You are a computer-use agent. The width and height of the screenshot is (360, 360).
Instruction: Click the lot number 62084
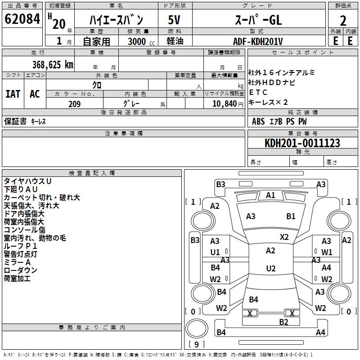pos(22,19)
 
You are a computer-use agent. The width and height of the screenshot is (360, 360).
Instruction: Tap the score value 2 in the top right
pos(343,20)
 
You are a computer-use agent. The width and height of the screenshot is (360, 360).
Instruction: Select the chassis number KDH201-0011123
pos(302,143)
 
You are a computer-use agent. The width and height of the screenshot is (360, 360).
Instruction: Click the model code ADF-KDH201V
pos(258,41)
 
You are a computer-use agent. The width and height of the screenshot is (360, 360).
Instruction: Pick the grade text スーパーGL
pos(258,20)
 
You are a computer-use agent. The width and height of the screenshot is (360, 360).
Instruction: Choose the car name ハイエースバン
pos(116,20)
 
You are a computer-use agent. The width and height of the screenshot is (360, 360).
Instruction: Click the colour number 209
pos(74,104)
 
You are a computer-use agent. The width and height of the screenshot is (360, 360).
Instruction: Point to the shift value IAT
pos(13,94)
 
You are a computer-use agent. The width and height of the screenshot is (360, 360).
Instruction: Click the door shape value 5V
pos(175,20)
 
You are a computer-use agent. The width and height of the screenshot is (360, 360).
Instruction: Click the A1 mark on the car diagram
pos(270,195)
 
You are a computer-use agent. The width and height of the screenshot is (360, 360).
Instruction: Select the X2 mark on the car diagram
pos(284,237)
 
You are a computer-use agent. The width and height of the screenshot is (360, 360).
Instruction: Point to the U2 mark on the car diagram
pos(270,269)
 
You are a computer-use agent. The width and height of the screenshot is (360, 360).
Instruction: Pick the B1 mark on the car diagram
pos(291,216)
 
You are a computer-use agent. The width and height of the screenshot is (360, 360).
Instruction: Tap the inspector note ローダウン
pos(21,270)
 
